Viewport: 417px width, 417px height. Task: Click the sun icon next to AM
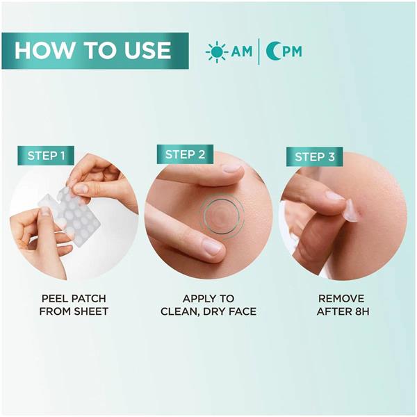coord(217,52)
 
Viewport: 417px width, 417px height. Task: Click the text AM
coord(241,51)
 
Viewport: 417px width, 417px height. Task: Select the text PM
coord(293,51)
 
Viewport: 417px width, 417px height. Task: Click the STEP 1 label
coord(46,156)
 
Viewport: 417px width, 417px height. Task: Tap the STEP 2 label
coord(185,154)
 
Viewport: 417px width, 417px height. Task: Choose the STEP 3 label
coord(315,156)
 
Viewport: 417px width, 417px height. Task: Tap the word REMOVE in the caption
coord(341,298)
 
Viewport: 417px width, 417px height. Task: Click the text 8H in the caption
coord(362,311)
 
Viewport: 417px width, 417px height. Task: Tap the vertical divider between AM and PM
coord(259,51)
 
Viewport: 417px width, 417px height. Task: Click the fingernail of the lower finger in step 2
coord(211,246)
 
